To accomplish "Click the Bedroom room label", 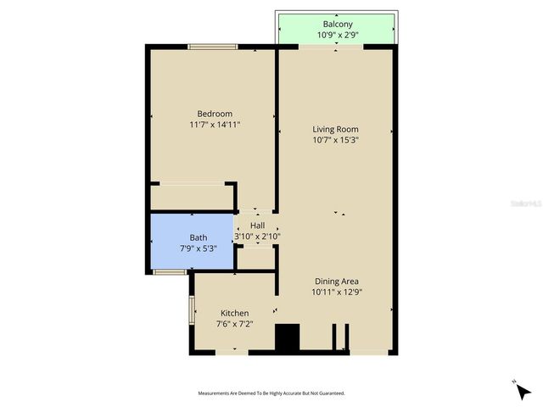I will pyautogui.click(x=215, y=114).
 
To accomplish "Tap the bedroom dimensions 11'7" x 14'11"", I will pyautogui.click(x=215, y=125).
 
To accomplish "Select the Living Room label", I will pyautogui.click(x=335, y=129).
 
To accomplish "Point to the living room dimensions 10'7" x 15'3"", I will pyautogui.click(x=335, y=140).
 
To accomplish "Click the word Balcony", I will pyautogui.click(x=337, y=24).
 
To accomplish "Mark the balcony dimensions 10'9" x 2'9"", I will pyautogui.click(x=337, y=36).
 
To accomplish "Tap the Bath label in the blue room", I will pyautogui.click(x=198, y=237).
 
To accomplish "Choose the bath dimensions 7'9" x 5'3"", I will pyautogui.click(x=198, y=248).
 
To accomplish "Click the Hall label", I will pyautogui.click(x=257, y=226).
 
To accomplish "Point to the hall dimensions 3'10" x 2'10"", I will pyautogui.click(x=257, y=237).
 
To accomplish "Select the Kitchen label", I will pyautogui.click(x=234, y=313).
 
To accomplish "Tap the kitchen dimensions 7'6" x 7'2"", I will pyautogui.click(x=234, y=324).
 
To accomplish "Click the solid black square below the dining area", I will pyautogui.click(x=288, y=337).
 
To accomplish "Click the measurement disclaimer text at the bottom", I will pyautogui.click(x=271, y=393).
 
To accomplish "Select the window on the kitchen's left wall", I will pyautogui.click(x=191, y=309).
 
